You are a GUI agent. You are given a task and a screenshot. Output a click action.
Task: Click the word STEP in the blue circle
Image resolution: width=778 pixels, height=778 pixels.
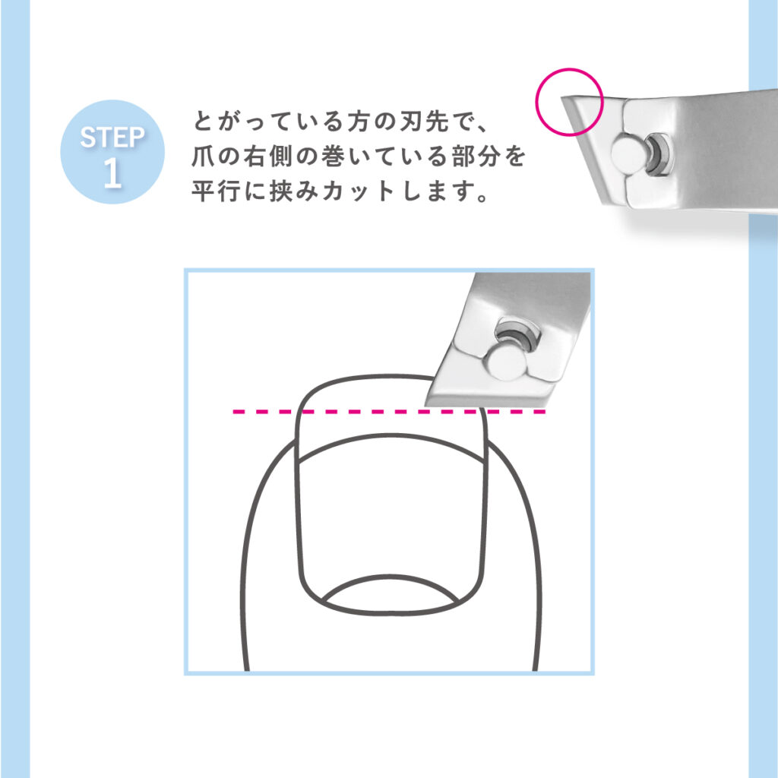pyautogui.click(x=112, y=137)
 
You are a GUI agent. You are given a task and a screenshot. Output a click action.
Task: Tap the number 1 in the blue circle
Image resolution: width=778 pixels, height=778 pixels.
pyautogui.click(x=112, y=172)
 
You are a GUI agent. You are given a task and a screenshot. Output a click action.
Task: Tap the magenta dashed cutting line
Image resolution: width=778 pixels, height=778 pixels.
pyautogui.click(x=390, y=411)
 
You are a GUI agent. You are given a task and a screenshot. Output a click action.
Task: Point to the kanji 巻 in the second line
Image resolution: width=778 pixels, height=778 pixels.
pyautogui.click(x=333, y=157)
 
